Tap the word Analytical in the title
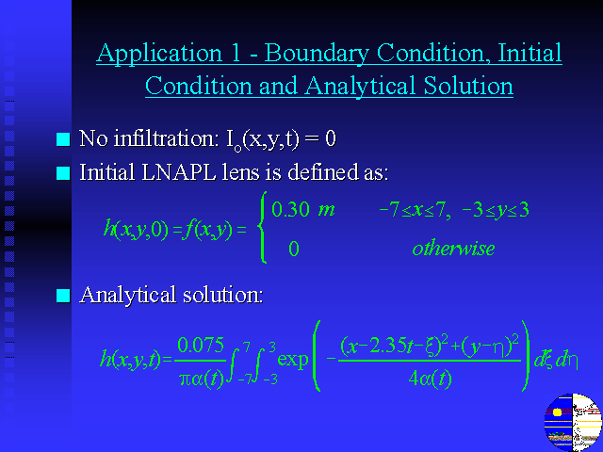coord(361,87)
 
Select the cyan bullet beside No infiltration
coord(63,139)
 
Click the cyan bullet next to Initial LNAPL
coord(63,173)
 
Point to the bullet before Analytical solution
coord(63,296)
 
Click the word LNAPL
coord(178,171)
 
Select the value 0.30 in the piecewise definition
coord(290,210)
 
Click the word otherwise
coord(453,249)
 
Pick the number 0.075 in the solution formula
coord(201,345)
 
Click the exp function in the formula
coord(293,360)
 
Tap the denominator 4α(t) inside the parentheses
coord(430,379)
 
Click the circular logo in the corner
coord(573,422)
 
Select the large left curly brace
coord(262,228)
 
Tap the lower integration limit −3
coord(270,379)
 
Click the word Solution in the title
coord(468,86)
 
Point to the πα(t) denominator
coord(202,379)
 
